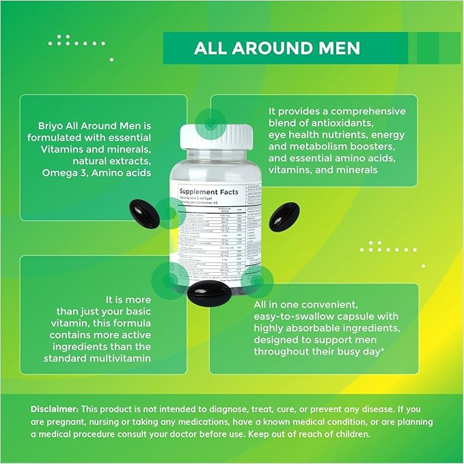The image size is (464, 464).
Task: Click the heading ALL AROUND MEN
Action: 277,49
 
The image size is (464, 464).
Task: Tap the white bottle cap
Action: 215,136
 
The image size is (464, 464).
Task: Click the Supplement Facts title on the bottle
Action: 209,192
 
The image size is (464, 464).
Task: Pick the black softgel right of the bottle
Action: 284,217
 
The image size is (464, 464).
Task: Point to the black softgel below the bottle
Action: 208,290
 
